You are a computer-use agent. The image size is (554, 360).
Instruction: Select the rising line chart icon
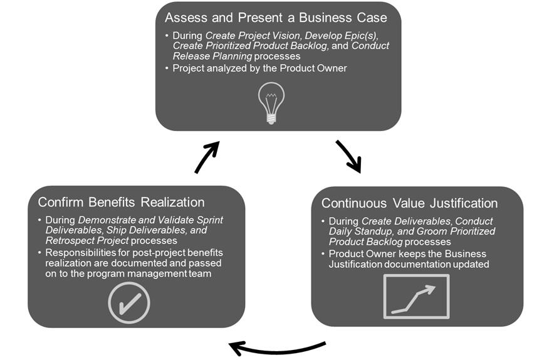coord(416,297)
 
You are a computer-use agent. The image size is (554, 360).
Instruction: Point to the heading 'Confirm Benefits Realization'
coord(121,202)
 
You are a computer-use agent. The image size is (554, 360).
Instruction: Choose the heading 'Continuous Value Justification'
coord(409,203)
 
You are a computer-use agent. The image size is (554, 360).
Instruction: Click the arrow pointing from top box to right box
coord(349,156)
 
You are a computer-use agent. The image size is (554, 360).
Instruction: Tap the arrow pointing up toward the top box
coord(206,157)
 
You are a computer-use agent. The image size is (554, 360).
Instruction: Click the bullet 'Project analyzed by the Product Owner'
coord(259,68)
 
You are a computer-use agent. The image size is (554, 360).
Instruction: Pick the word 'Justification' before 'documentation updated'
coord(357,264)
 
